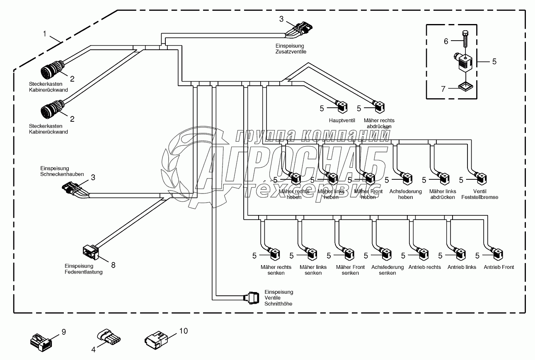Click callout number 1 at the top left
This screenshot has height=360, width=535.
(x=45, y=34)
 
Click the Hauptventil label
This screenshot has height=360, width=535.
(x=342, y=121)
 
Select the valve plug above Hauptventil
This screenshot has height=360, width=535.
(x=342, y=107)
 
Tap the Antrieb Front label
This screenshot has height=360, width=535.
(x=499, y=267)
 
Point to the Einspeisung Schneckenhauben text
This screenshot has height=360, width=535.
(x=62, y=172)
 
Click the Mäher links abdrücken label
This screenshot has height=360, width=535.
(x=443, y=194)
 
